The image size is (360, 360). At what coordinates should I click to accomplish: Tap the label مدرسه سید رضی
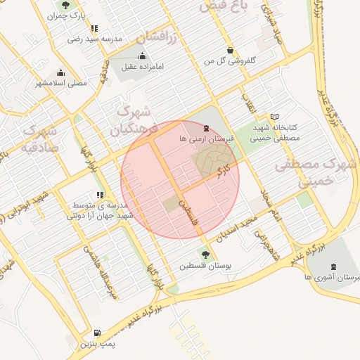click(95, 39)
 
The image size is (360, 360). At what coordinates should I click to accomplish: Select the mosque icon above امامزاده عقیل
click(143, 56)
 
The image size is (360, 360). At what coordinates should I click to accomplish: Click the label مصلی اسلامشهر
click(62, 83)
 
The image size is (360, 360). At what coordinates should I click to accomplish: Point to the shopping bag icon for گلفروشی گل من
click(231, 51)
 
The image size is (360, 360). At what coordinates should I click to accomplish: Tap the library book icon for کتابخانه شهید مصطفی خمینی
click(274, 117)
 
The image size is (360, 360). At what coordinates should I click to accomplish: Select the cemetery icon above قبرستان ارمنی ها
click(205, 129)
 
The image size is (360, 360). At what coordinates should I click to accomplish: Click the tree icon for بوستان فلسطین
click(205, 255)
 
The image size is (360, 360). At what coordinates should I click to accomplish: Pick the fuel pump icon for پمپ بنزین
click(97, 333)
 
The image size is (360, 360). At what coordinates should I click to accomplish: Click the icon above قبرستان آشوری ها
click(332, 267)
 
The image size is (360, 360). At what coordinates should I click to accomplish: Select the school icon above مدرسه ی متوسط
click(100, 194)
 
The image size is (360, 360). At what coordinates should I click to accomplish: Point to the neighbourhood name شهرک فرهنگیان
click(131, 121)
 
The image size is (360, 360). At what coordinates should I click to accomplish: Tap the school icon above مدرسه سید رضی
click(95, 29)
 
